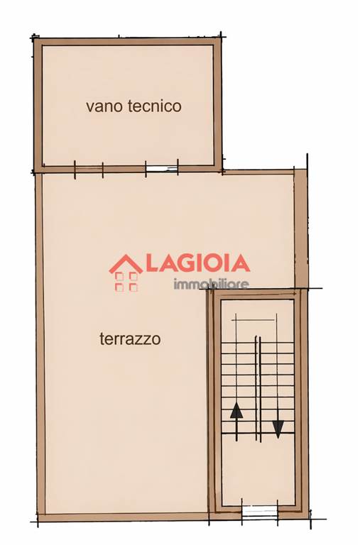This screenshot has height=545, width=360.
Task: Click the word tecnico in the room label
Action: pos(155,106)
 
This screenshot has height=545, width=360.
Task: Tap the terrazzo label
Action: pos(130,338)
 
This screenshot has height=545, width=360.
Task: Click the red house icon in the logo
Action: pos(126,272)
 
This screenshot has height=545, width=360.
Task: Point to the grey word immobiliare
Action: pos(211,285)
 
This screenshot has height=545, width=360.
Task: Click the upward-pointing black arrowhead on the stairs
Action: pos(236,410)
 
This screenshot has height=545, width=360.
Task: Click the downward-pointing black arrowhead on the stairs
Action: pos(278,429)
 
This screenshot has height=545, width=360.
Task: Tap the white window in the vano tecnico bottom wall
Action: pos(161,170)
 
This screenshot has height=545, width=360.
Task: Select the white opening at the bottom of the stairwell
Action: pos(259,512)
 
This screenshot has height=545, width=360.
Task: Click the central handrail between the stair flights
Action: pos(258,389)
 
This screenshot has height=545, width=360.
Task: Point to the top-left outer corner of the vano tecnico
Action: pos(34,38)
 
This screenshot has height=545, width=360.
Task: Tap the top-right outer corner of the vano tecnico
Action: pos(222,37)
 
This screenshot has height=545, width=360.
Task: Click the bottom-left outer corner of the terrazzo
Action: pos(38,522)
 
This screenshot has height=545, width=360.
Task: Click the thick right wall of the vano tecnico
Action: pos(218,104)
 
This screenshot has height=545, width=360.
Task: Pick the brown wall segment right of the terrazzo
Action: pos(300,229)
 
